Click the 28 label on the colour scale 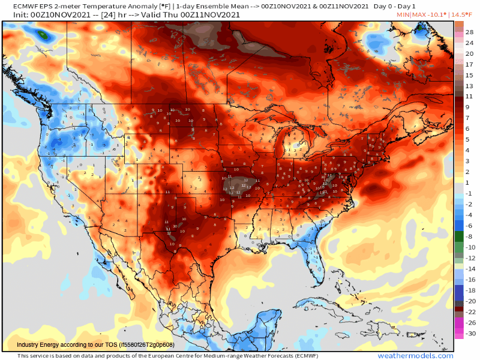(x=470, y=32)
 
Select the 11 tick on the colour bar (x=470, y=96)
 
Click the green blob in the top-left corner (x=43, y=35)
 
